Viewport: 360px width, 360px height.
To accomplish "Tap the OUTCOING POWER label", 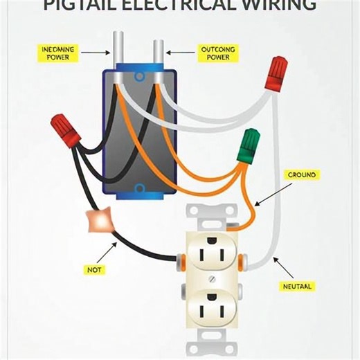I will tap(217, 53).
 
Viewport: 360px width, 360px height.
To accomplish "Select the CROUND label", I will tap(301, 176).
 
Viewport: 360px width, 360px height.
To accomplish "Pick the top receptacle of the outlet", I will tap(211, 253).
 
